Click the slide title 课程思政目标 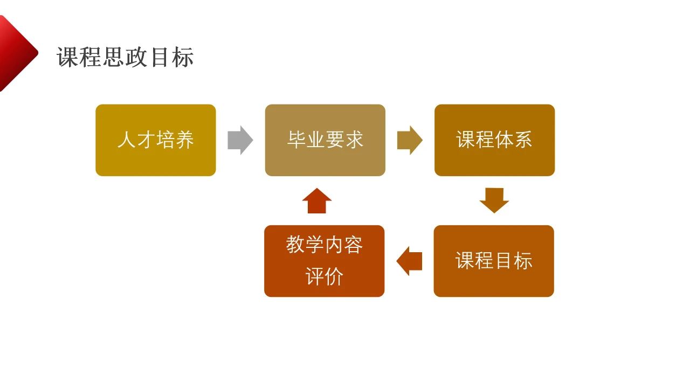pyautogui.click(x=125, y=57)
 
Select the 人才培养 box pyautogui.click(x=156, y=140)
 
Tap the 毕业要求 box pyautogui.click(x=325, y=140)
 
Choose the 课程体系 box pyautogui.click(x=494, y=140)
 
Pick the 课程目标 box pyautogui.click(x=494, y=261)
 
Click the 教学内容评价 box pyautogui.click(x=324, y=261)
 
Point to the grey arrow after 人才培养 pyautogui.click(x=240, y=140)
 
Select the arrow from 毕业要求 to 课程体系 pyautogui.click(x=410, y=140)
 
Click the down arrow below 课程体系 pyautogui.click(x=494, y=200)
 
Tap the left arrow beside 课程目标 pyautogui.click(x=409, y=261)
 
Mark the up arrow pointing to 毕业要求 pyautogui.click(x=317, y=200)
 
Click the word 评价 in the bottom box pyautogui.click(x=324, y=277)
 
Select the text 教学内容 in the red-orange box pyautogui.click(x=324, y=245)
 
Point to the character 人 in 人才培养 pyautogui.click(x=127, y=140)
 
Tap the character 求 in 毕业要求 pyautogui.click(x=354, y=140)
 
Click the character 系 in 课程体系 pyautogui.click(x=523, y=140)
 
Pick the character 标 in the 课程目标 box pyautogui.click(x=523, y=261)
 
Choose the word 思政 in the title pyautogui.click(x=125, y=57)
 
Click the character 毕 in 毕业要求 pyautogui.click(x=296, y=140)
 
